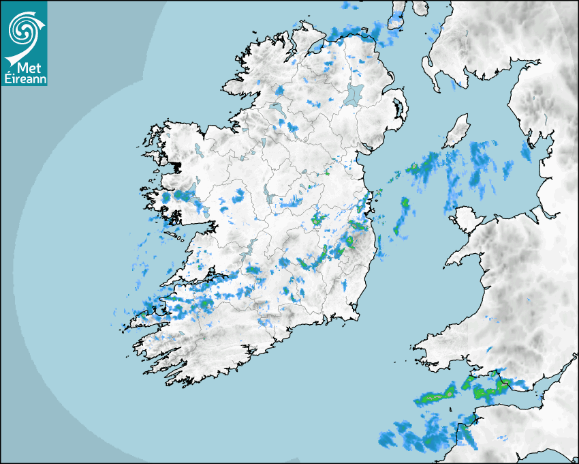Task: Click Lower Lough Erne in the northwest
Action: [x=276, y=108]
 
